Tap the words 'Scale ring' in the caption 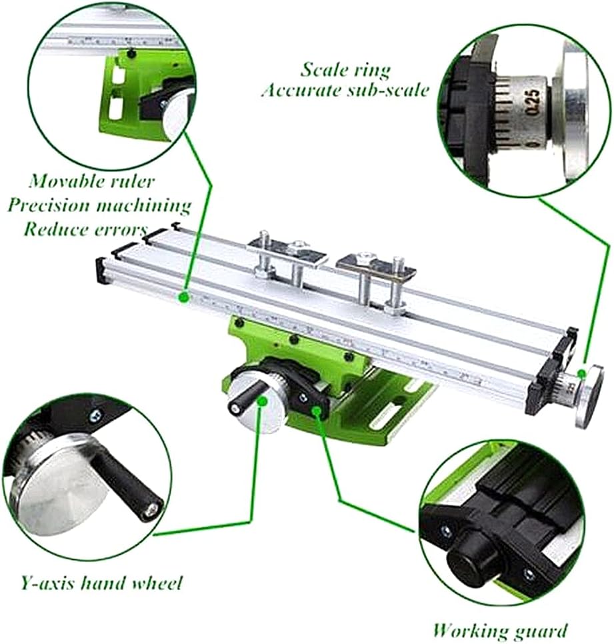pos(345,69)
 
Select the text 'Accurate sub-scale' pos(345,90)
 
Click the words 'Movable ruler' pos(92,181)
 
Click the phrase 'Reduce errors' pos(85,229)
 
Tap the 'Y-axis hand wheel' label pos(101,584)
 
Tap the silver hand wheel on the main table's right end pos(589,398)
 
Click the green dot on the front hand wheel pos(262,401)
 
